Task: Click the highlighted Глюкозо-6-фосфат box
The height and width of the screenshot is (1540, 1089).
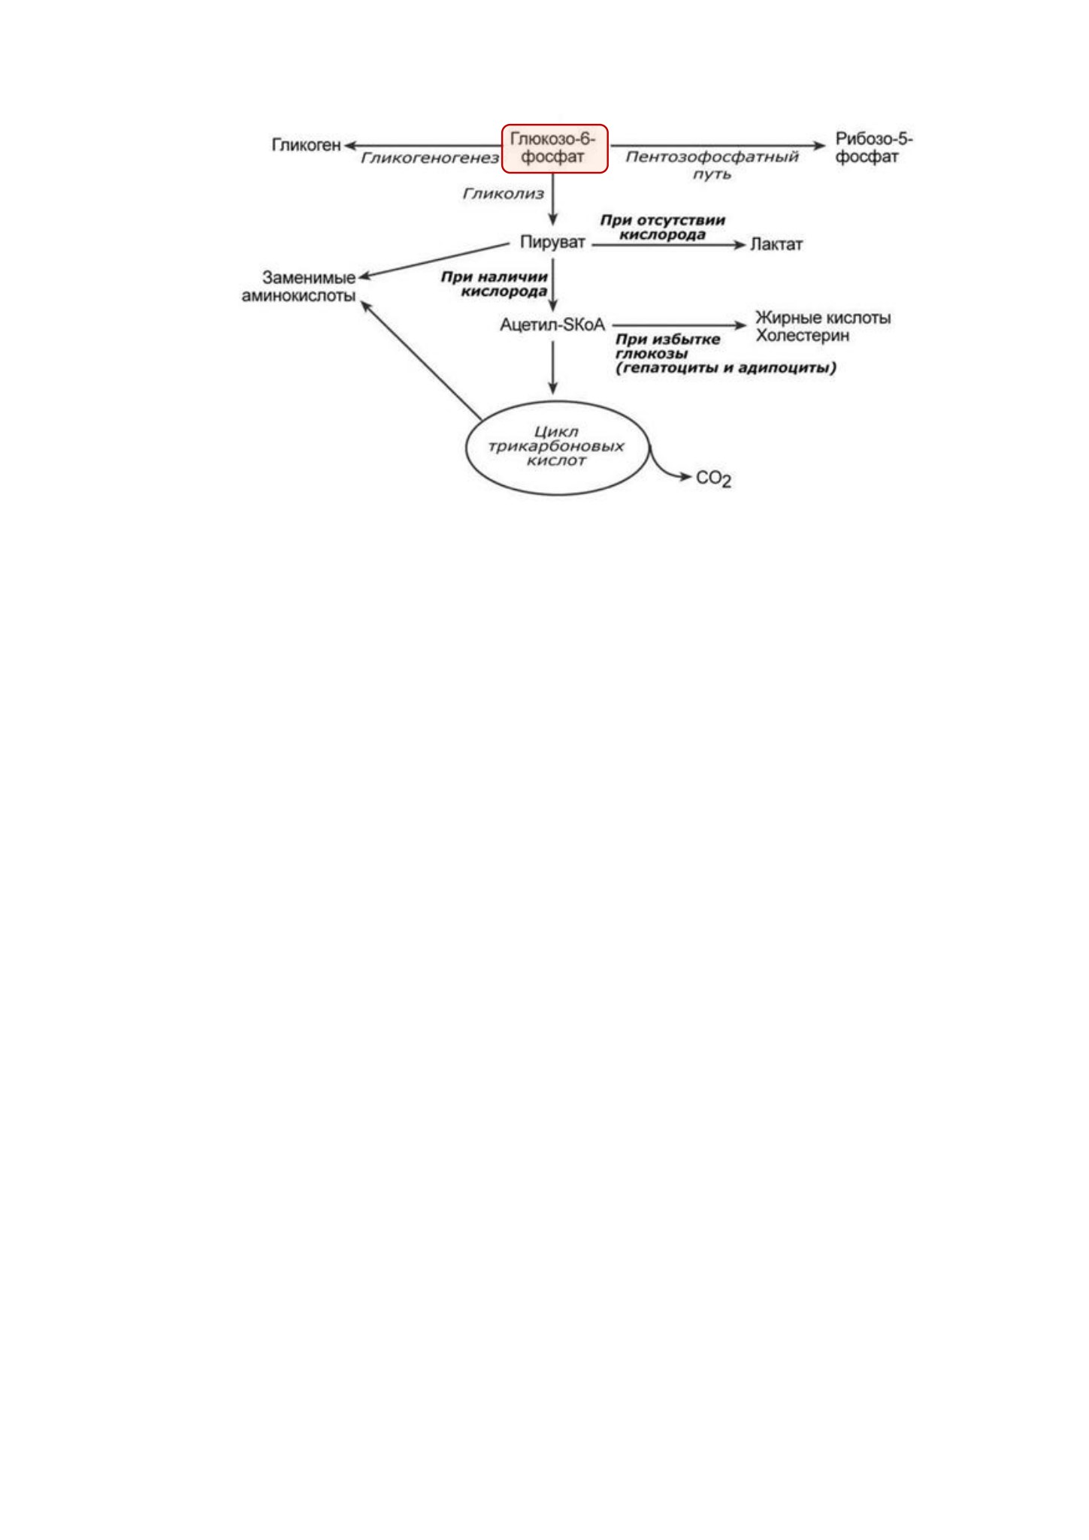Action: coord(555,149)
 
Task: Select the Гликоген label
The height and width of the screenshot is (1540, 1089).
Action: coord(306,145)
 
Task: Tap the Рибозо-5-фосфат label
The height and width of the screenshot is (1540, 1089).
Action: coord(874,148)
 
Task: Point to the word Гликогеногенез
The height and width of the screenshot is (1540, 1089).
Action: coord(430,159)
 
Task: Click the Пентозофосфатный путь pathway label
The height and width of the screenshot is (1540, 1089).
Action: coord(712,165)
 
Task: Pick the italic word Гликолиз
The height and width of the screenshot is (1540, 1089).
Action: coord(503,194)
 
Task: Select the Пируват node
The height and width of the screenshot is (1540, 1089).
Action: coord(552,243)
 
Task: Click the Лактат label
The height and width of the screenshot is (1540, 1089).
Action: coord(776,245)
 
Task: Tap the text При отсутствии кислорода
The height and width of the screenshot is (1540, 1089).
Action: coord(662,228)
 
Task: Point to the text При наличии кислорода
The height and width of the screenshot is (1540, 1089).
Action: coord(494,284)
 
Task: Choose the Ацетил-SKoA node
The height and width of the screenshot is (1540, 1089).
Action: coord(552,325)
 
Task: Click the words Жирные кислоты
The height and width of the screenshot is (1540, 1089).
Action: coord(823,318)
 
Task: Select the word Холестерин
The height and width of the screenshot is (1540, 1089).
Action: coord(803,336)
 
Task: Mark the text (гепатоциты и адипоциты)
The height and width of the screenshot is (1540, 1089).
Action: coord(726,368)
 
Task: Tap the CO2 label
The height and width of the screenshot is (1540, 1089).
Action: coord(714,479)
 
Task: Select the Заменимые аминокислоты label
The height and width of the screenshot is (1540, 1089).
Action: coord(298,286)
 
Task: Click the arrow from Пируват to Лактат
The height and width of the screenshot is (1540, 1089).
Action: coord(668,245)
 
